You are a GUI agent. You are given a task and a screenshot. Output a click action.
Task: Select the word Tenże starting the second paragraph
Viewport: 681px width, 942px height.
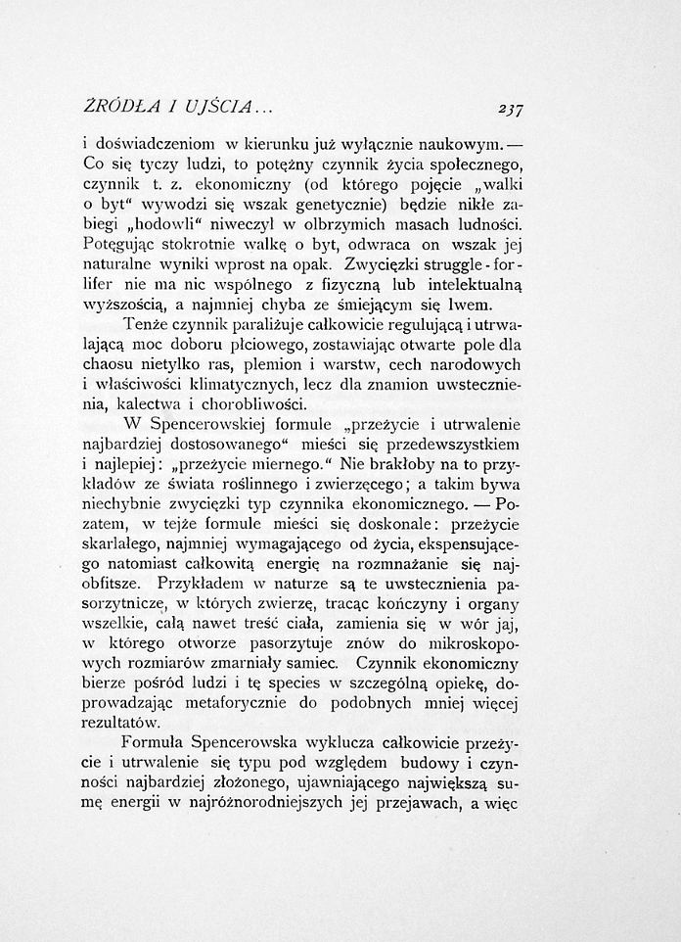(146, 326)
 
